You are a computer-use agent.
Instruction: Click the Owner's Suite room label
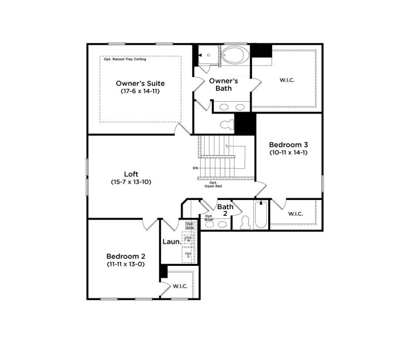click(x=140, y=83)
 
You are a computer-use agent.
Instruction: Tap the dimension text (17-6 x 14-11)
click(x=140, y=91)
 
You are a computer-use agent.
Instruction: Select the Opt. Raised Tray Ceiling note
click(x=125, y=59)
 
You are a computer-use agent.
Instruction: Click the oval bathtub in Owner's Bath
click(x=235, y=55)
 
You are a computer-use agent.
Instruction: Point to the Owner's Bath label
click(x=223, y=85)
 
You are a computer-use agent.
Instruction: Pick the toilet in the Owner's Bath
click(x=227, y=125)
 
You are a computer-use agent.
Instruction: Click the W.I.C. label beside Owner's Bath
click(x=287, y=80)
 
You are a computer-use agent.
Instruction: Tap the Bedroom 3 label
click(x=289, y=145)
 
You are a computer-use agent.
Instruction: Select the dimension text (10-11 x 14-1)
click(x=289, y=152)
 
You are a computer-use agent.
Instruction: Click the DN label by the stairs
click(x=195, y=168)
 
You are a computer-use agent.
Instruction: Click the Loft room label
click(x=131, y=174)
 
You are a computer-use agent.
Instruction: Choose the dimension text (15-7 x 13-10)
click(x=131, y=182)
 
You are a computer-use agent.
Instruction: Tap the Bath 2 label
click(x=225, y=210)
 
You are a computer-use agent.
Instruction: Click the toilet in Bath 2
click(x=246, y=223)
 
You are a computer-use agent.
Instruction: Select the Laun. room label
click(x=172, y=241)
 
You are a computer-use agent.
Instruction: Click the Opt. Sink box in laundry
click(x=190, y=225)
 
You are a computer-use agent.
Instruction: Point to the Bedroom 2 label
click(x=125, y=256)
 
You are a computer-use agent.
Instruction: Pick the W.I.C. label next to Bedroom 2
click(x=180, y=286)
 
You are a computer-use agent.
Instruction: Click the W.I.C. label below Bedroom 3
click(x=295, y=214)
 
